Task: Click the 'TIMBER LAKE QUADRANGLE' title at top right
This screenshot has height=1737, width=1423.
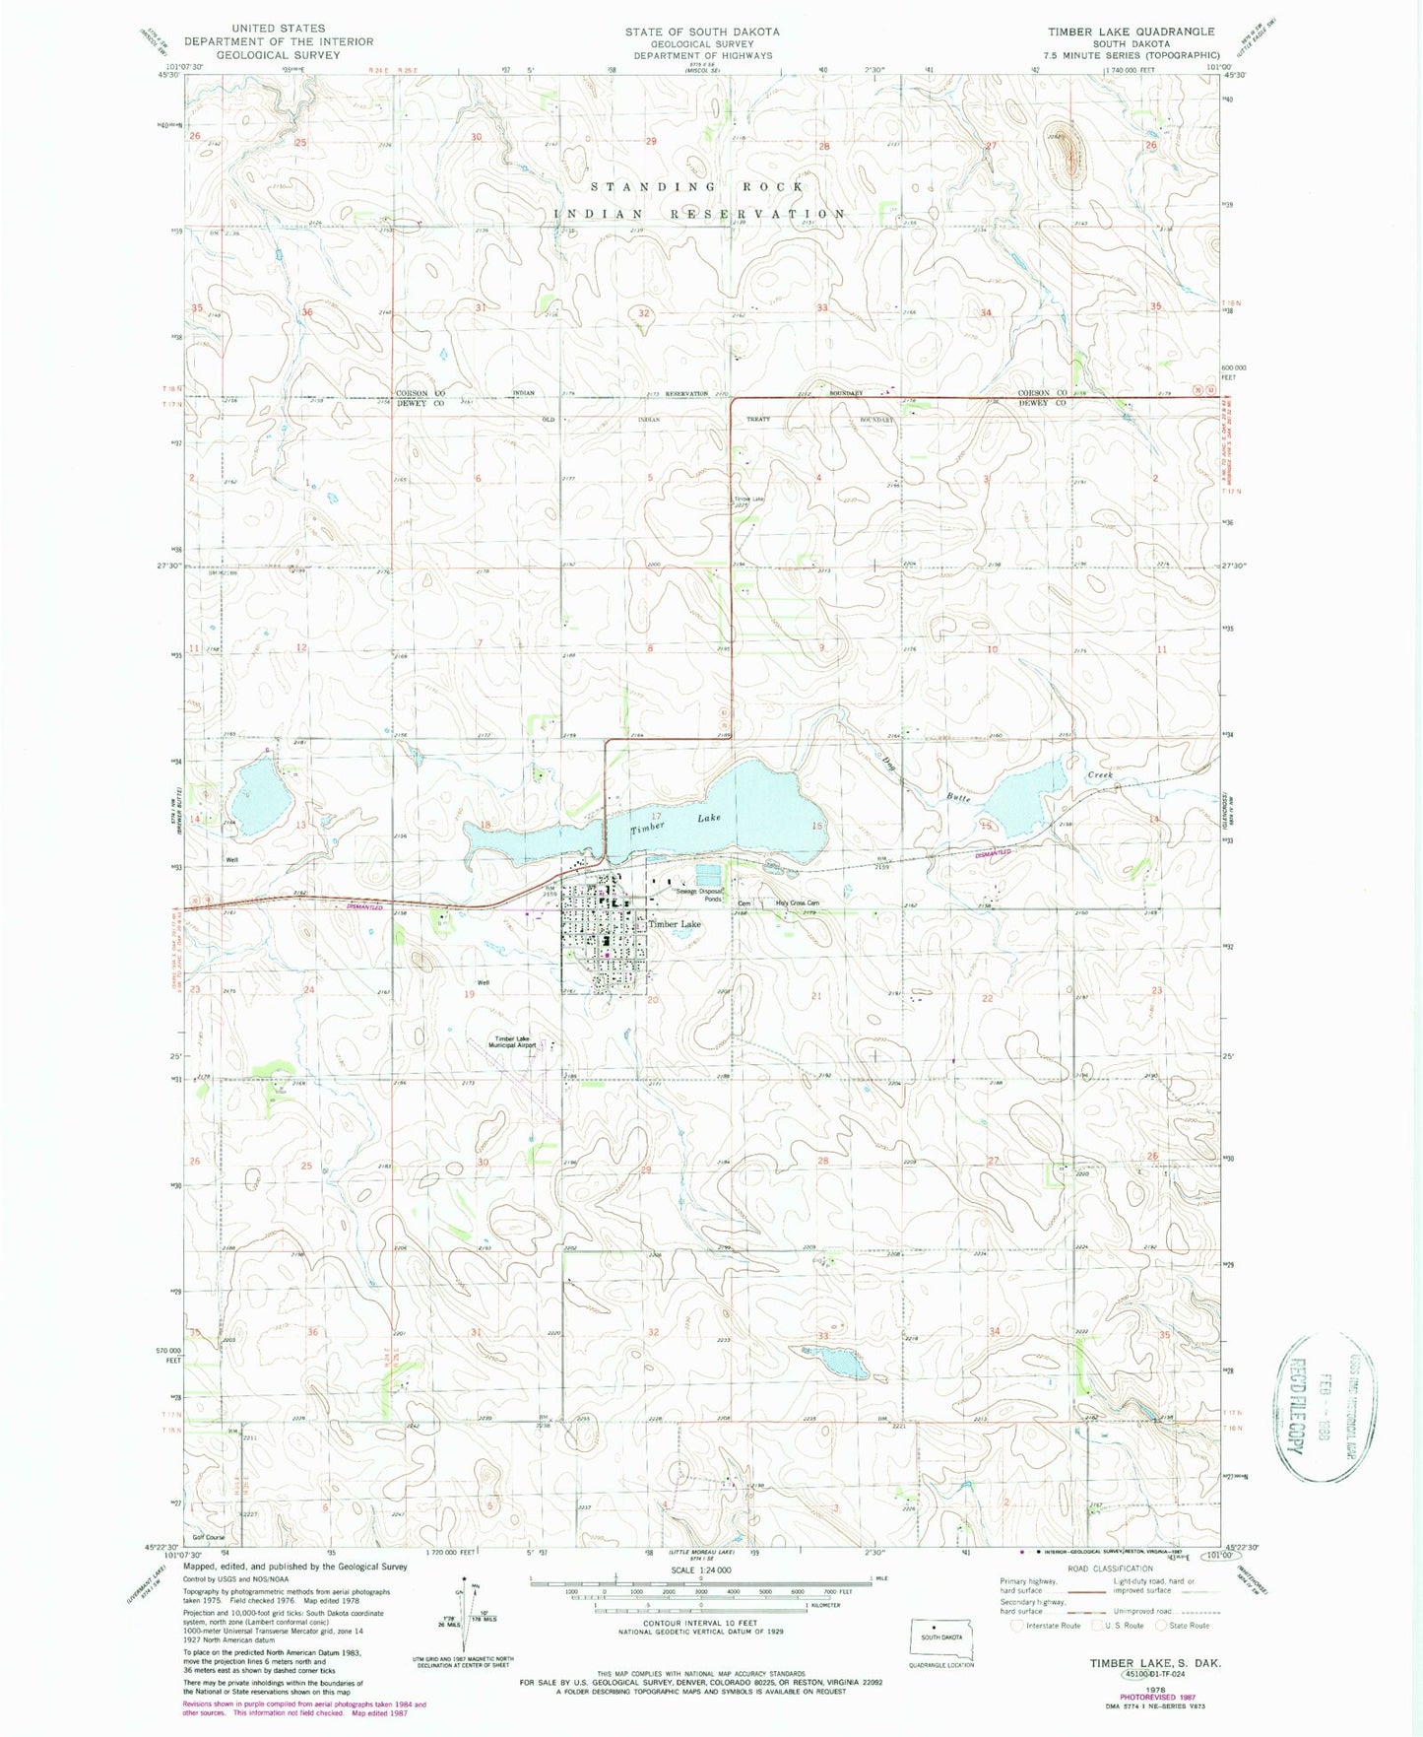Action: coord(1131,32)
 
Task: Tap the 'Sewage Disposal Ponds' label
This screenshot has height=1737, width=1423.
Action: coord(699,895)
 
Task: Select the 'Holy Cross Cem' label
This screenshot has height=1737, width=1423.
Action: coord(797,903)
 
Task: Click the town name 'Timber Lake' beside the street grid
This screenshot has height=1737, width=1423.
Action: coord(675,924)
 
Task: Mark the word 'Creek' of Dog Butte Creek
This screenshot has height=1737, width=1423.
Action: coord(1100,775)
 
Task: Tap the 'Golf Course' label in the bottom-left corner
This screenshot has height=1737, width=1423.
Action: coord(209,1537)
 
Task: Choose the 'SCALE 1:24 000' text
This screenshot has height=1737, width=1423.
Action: coord(701,1570)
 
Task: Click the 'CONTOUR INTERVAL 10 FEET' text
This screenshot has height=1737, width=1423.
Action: coord(700,1623)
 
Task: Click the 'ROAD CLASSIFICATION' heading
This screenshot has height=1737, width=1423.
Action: coord(1111,1569)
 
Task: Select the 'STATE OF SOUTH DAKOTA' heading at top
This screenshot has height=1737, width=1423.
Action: coord(701,32)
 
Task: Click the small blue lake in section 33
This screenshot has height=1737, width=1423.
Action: coord(843,1362)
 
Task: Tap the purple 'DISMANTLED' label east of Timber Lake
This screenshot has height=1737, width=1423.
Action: coord(994,852)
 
